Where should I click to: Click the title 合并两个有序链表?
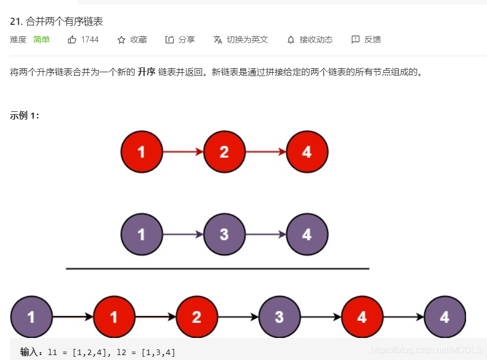click(64, 22)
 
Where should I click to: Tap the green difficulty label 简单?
click(41, 40)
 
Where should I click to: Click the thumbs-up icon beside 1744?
click(72, 40)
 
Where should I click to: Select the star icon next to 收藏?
click(122, 40)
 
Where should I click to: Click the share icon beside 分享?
click(170, 40)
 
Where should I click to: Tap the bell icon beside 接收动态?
click(291, 40)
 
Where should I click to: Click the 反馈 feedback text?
click(372, 40)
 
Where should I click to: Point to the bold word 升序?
click(146, 72)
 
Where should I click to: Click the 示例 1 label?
click(25, 115)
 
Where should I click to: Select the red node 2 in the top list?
click(224, 152)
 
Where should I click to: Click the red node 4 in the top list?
click(307, 152)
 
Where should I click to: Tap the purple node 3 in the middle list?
click(224, 234)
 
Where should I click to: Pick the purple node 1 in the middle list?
click(142, 234)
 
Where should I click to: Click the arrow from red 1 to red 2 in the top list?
click(183, 152)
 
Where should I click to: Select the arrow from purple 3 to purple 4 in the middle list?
click(266, 234)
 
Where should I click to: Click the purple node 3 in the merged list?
click(279, 317)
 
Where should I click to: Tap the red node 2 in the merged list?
click(197, 317)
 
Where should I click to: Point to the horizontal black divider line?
click(217, 268)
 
